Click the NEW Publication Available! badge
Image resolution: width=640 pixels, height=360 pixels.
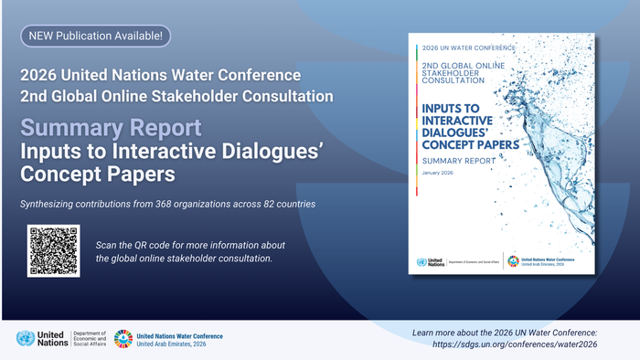[95, 36]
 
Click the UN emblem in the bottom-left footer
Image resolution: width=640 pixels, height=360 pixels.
[26, 339]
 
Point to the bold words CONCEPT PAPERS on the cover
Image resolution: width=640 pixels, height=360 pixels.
[471, 143]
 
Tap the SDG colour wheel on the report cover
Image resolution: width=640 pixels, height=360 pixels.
[514, 261]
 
